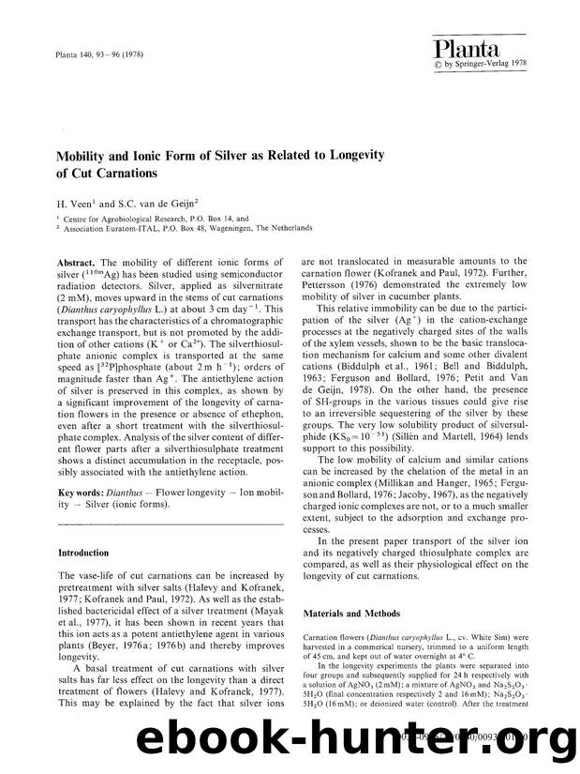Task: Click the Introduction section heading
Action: pyautogui.click(x=83, y=553)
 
